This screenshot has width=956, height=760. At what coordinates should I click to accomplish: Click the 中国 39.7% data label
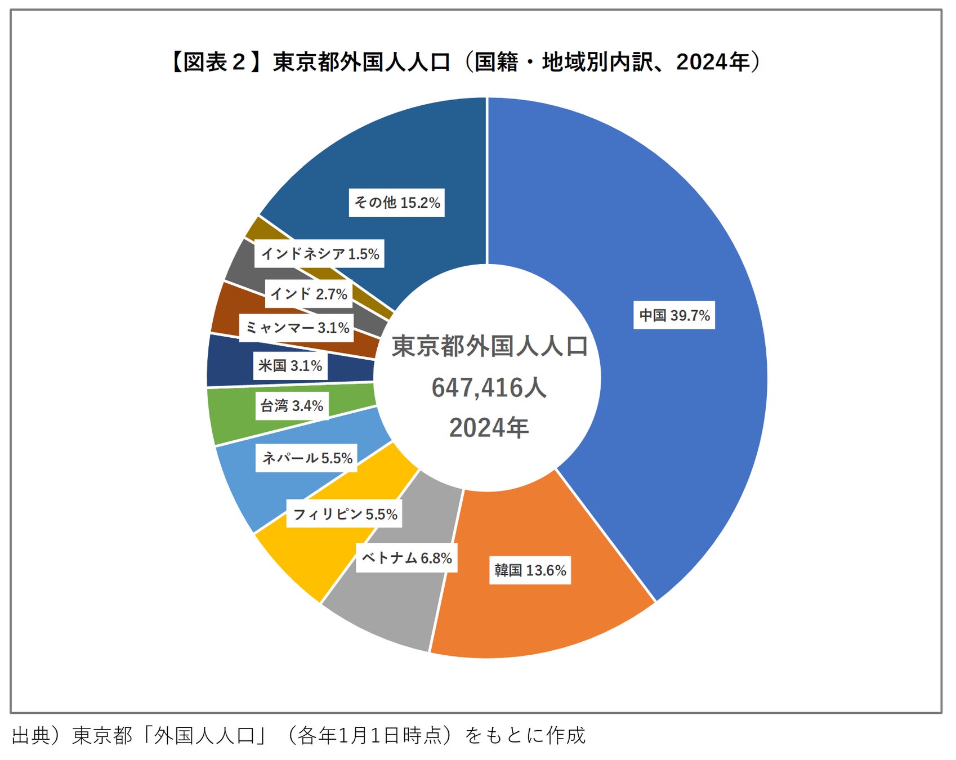[x=674, y=315]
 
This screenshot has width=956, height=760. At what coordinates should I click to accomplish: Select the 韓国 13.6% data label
[x=530, y=570]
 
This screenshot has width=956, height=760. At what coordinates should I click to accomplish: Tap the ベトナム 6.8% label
[x=406, y=558]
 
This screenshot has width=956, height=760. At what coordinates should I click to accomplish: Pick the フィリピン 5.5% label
[x=345, y=514]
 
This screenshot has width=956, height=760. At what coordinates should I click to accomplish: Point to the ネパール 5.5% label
[x=307, y=458]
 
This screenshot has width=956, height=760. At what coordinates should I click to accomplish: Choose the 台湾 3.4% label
[x=291, y=406]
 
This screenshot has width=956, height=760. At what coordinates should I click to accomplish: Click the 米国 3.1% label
[x=290, y=366]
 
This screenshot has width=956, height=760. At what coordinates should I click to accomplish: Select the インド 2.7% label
[x=309, y=294]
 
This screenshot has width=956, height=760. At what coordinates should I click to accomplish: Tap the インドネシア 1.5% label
[x=320, y=254]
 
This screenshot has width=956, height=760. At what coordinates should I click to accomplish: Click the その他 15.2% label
[x=397, y=203]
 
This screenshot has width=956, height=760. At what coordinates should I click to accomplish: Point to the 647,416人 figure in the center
[x=489, y=388]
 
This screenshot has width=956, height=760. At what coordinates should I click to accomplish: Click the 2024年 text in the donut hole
[x=489, y=428]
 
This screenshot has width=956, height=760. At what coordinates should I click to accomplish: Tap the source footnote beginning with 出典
[x=298, y=735]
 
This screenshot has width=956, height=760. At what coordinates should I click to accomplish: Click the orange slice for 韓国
[x=540, y=619]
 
